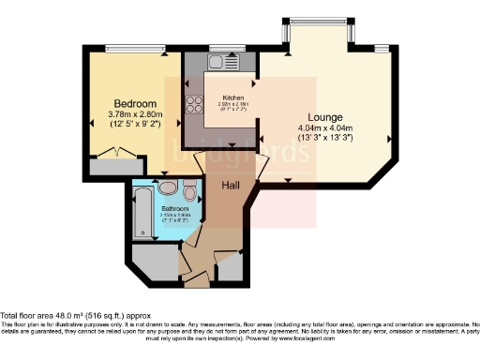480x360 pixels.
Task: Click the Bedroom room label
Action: tap(134, 103)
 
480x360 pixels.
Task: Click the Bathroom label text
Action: tap(174, 209)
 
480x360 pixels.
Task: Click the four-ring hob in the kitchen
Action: tap(196, 105)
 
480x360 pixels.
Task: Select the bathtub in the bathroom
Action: tap(142, 211)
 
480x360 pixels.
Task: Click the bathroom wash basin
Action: tap(167, 187)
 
